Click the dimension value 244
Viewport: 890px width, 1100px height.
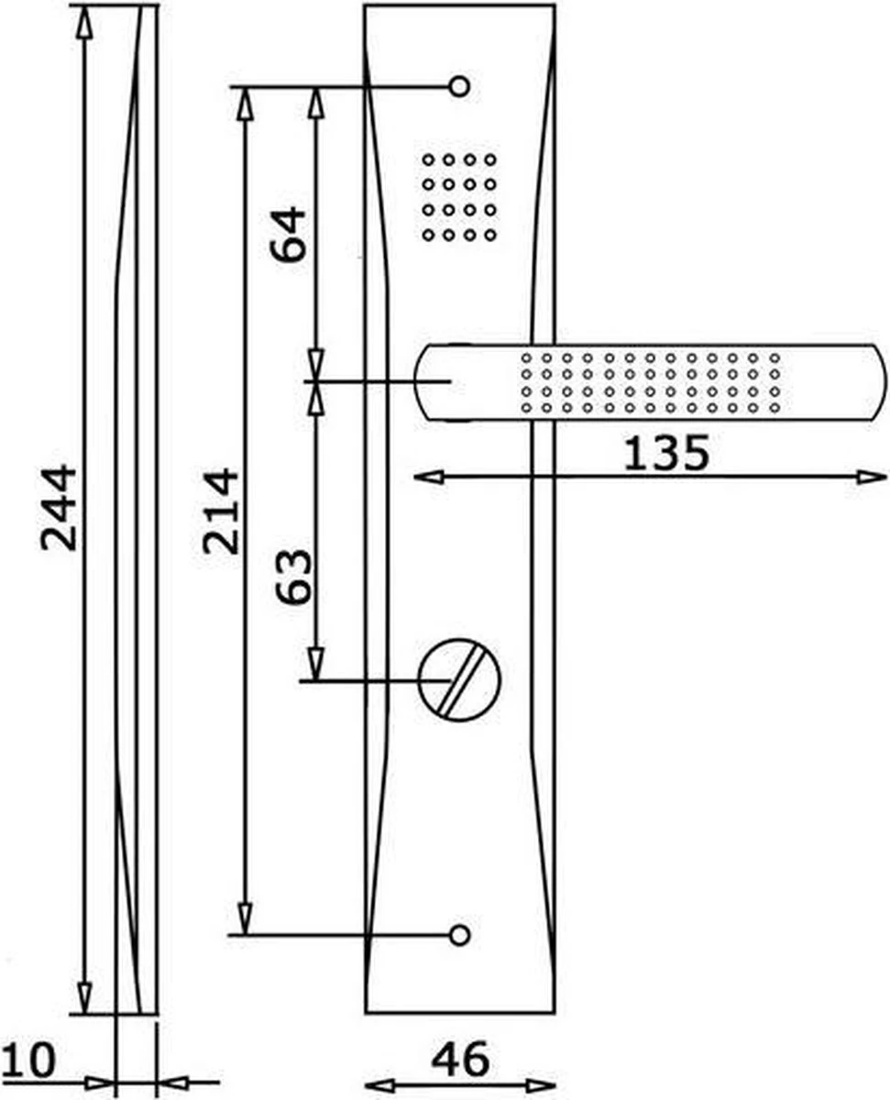coord(59,508)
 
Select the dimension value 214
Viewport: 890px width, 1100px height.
coord(220,511)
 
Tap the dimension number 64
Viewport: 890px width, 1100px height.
coord(288,235)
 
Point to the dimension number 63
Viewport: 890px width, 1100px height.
coord(293,576)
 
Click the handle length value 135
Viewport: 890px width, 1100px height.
coord(666,453)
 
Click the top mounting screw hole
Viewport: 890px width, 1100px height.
coord(459,86)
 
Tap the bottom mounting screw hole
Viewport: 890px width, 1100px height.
coord(459,935)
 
